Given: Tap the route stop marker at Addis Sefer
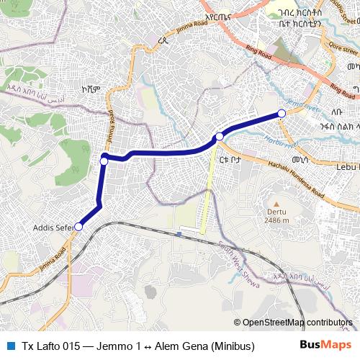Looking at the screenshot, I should [78, 227].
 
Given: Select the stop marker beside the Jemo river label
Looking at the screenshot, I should [282, 114].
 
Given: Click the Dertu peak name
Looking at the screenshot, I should [276, 213].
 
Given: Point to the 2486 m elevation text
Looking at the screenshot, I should [276, 221].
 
